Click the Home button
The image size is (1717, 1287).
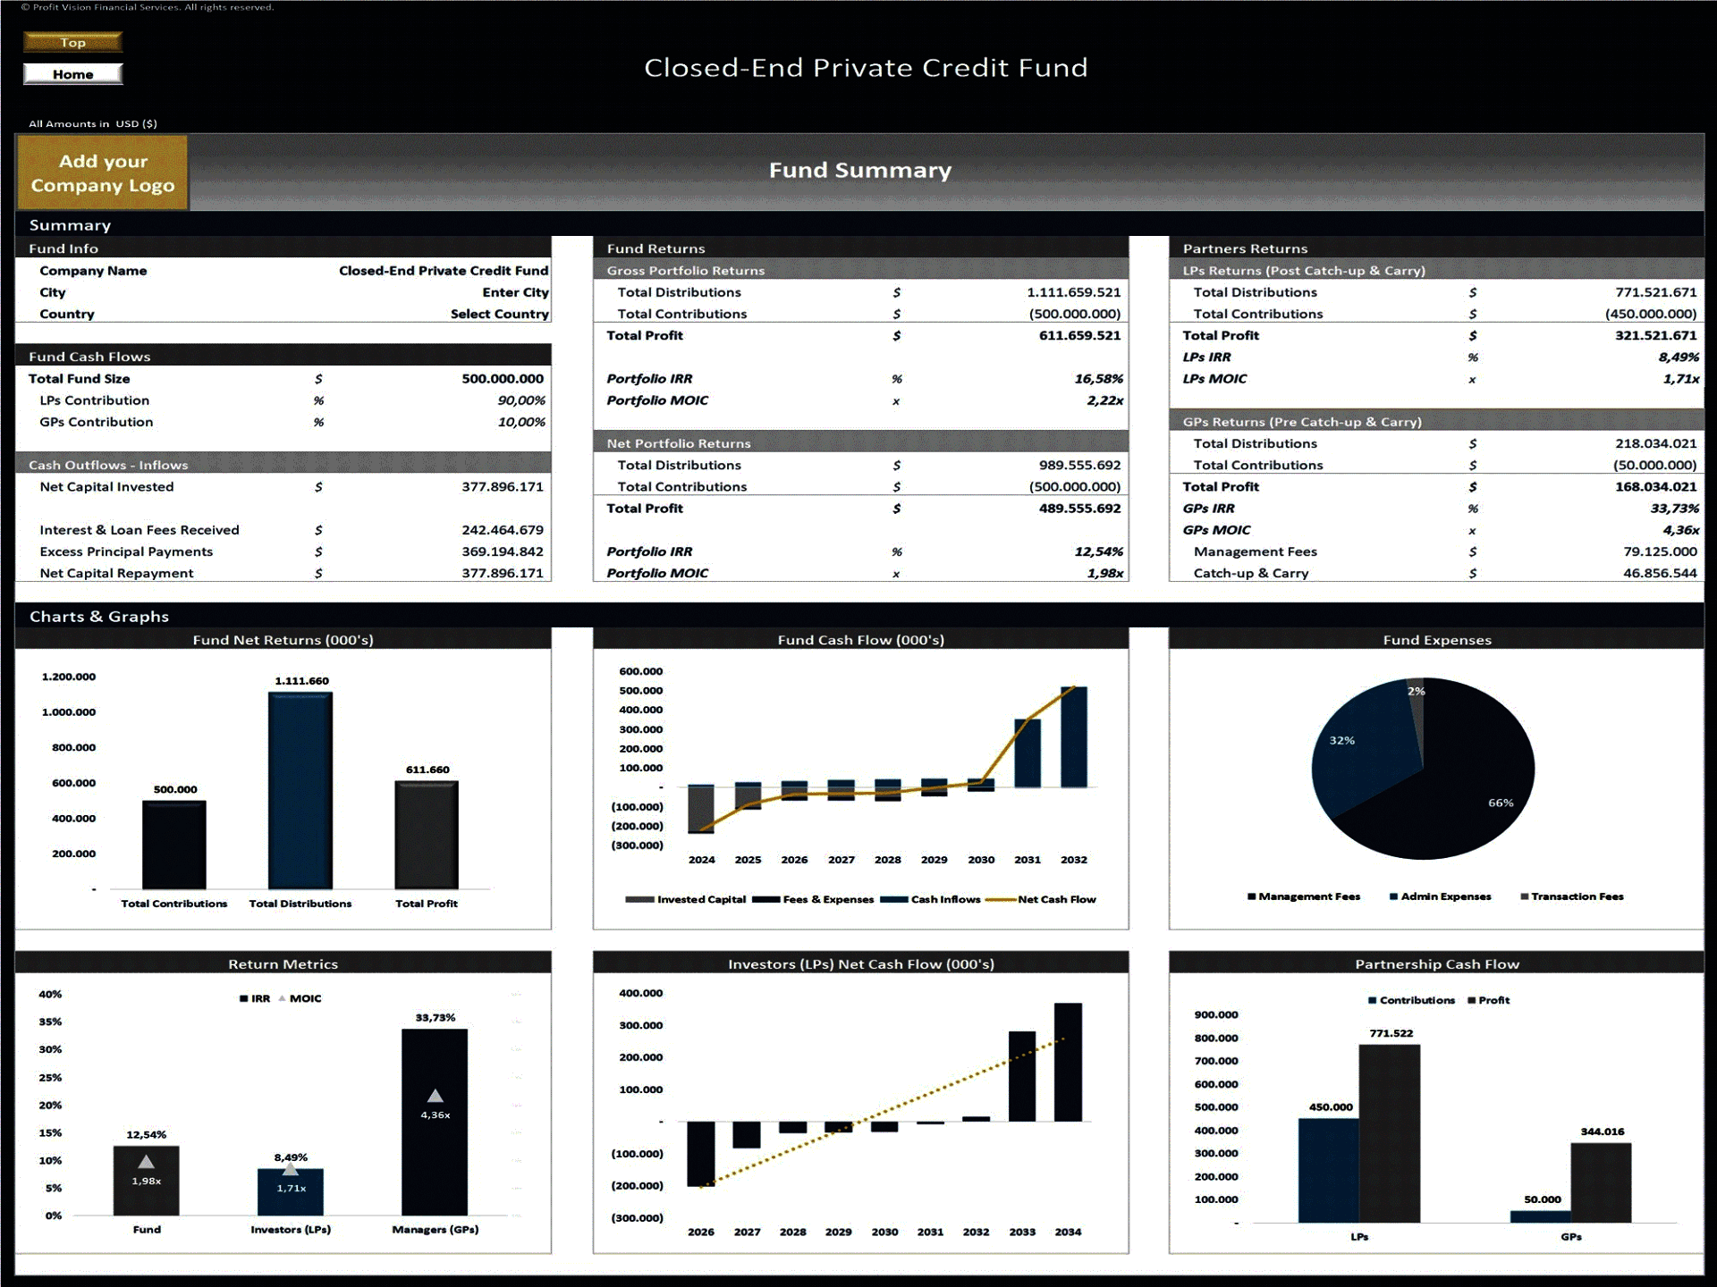tap(72, 74)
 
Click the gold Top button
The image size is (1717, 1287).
tap(72, 42)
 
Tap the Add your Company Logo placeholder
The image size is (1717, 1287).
tap(102, 173)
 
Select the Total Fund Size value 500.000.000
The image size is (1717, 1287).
tap(502, 379)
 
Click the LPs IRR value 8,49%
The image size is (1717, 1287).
tap(1678, 357)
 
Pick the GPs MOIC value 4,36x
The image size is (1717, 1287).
tap(1680, 530)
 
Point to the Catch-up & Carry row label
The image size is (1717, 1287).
tap(1250, 574)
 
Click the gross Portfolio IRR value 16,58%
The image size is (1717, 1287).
tap(1098, 379)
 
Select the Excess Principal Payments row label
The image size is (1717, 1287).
tap(126, 552)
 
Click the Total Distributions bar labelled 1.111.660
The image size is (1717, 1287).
tap(300, 790)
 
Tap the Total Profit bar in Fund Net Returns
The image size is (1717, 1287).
tap(427, 835)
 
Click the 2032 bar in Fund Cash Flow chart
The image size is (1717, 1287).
tap(1073, 736)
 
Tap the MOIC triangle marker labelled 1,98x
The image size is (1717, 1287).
tap(146, 1163)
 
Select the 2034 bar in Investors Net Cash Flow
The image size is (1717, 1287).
tap(1068, 1062)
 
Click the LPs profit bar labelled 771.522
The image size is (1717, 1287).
tap(1389, 1133)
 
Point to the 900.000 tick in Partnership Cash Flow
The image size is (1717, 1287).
tap(1216, 1015)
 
